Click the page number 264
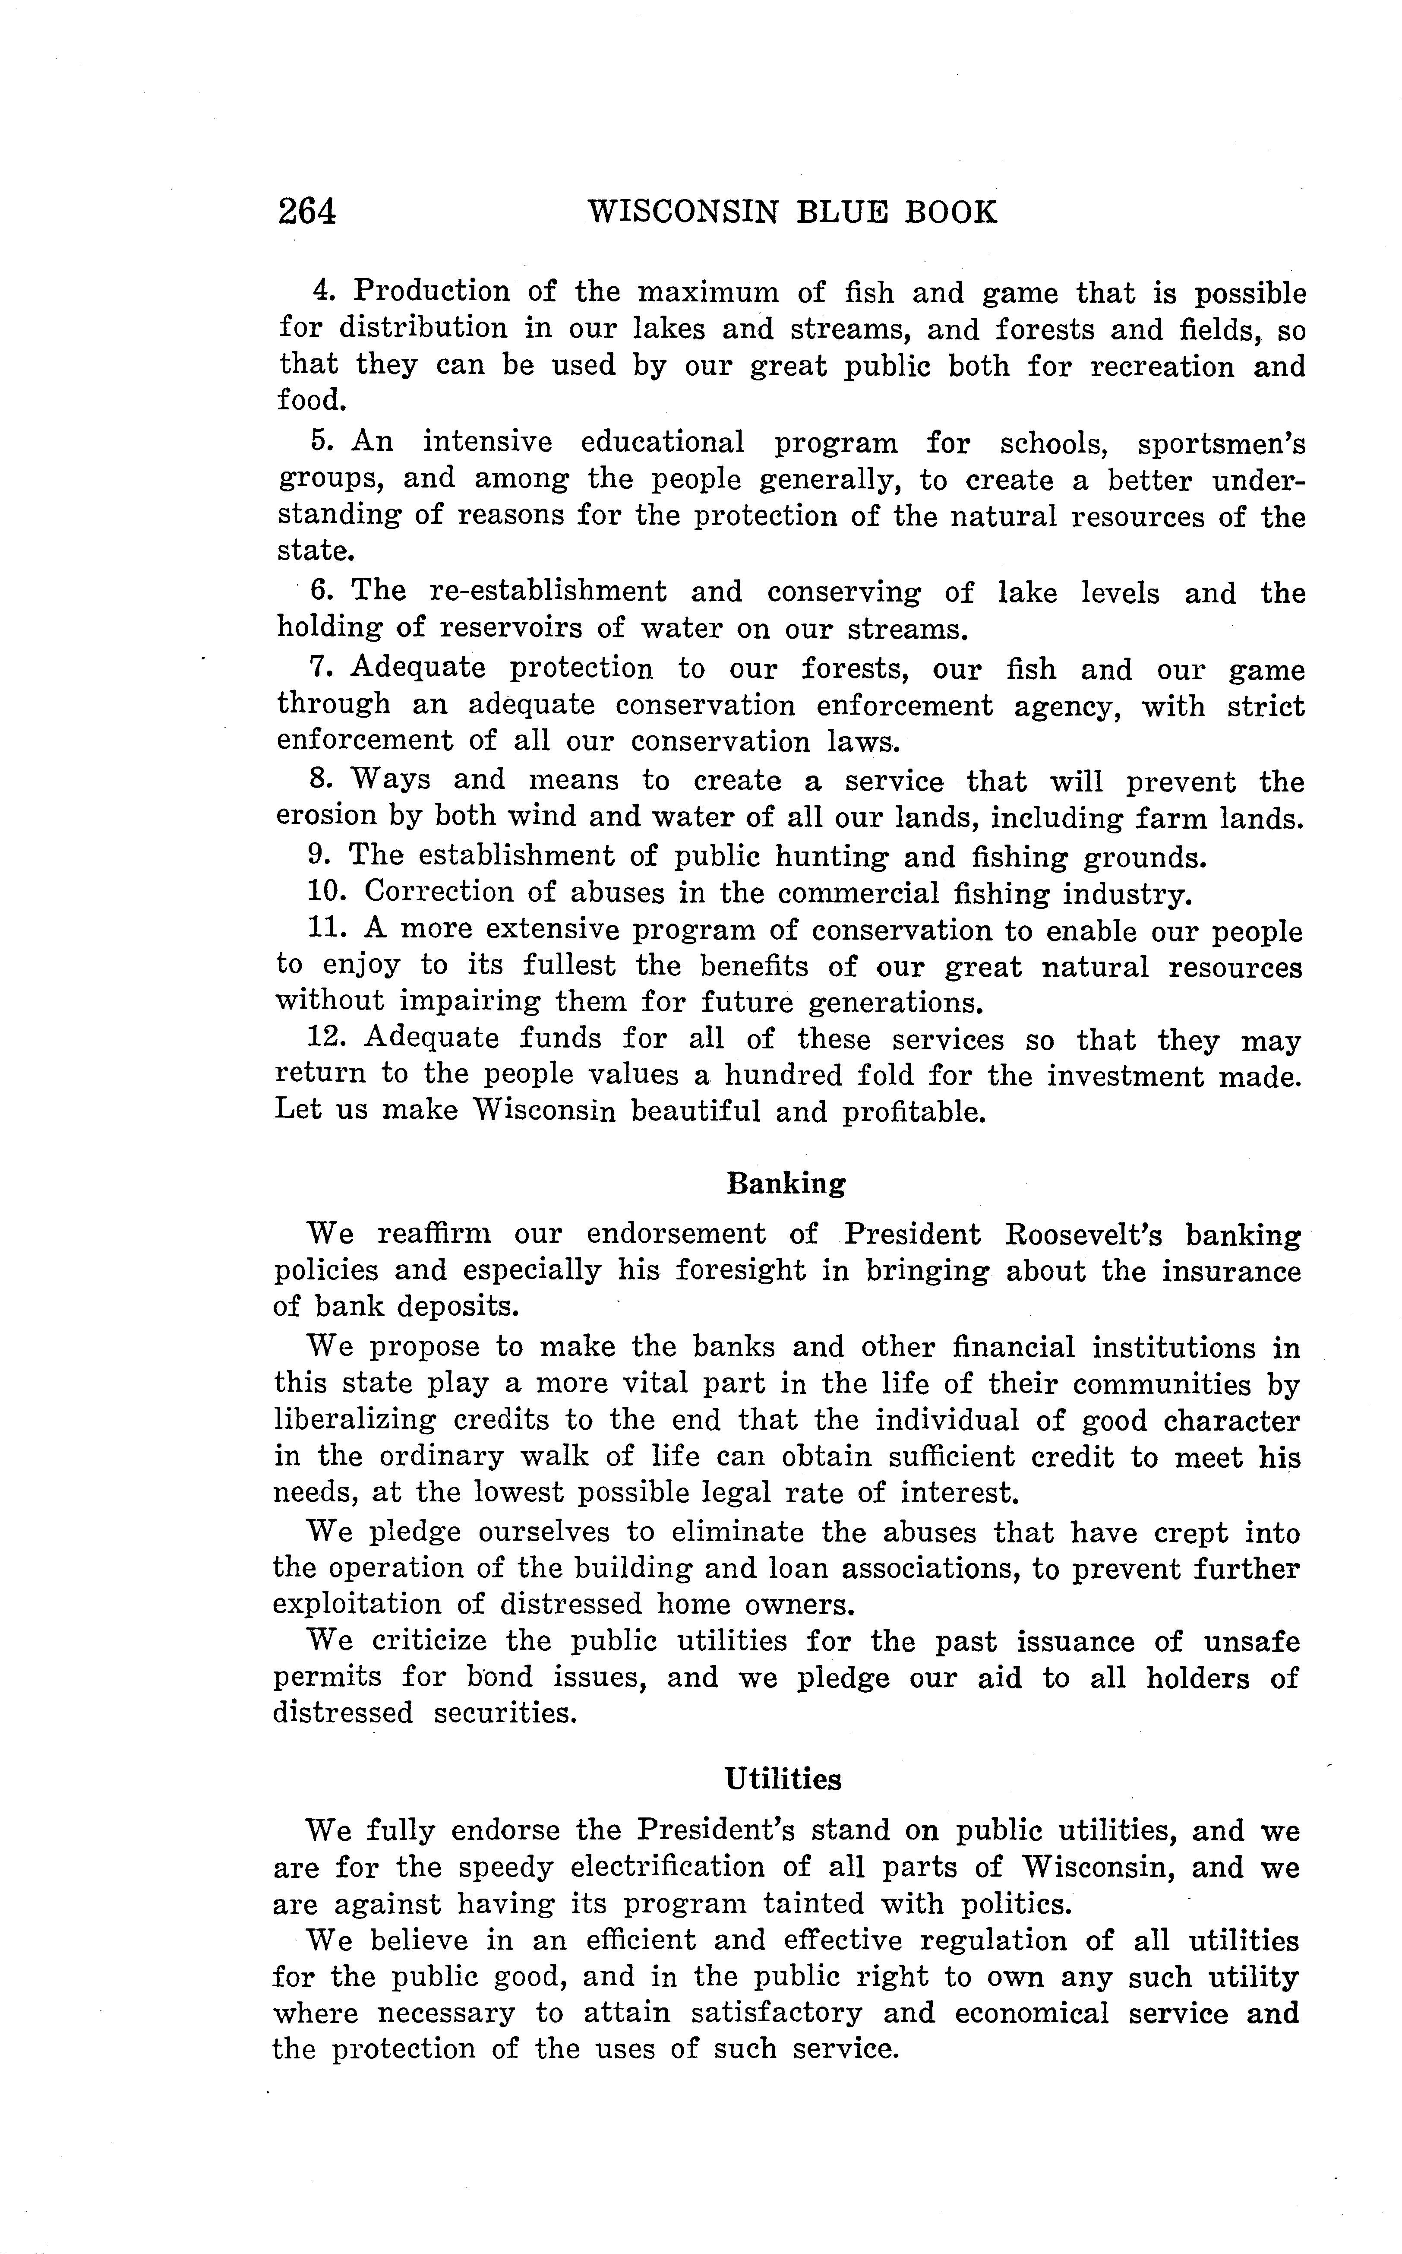[x=307, y=212]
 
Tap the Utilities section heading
[x=783, y=1779]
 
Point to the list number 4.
[x=323, y=291]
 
